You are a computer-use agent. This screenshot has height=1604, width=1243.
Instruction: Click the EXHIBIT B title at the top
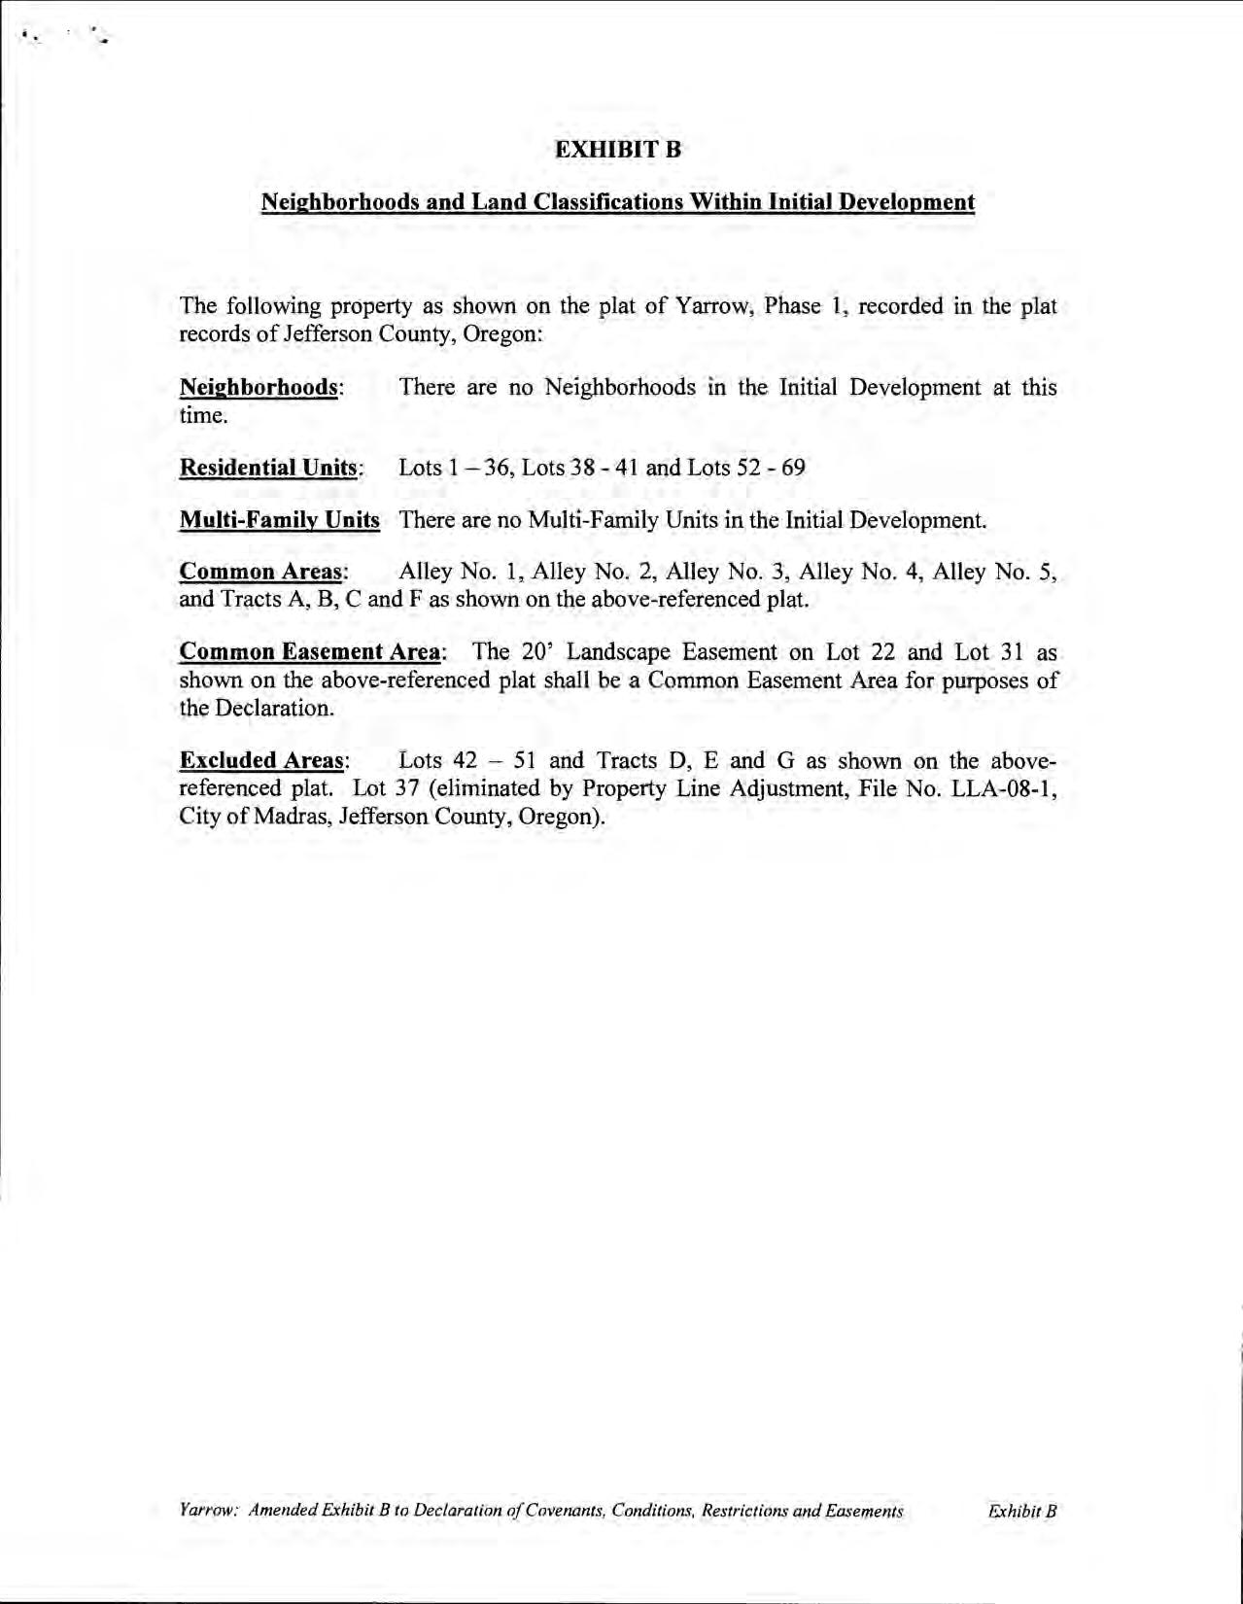click(618, 150)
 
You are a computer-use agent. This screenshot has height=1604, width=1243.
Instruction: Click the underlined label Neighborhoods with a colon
click(261, 387)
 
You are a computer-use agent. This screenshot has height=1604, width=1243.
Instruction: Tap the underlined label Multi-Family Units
click(280, 520)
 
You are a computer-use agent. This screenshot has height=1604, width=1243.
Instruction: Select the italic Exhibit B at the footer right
click(1021, 1512)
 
